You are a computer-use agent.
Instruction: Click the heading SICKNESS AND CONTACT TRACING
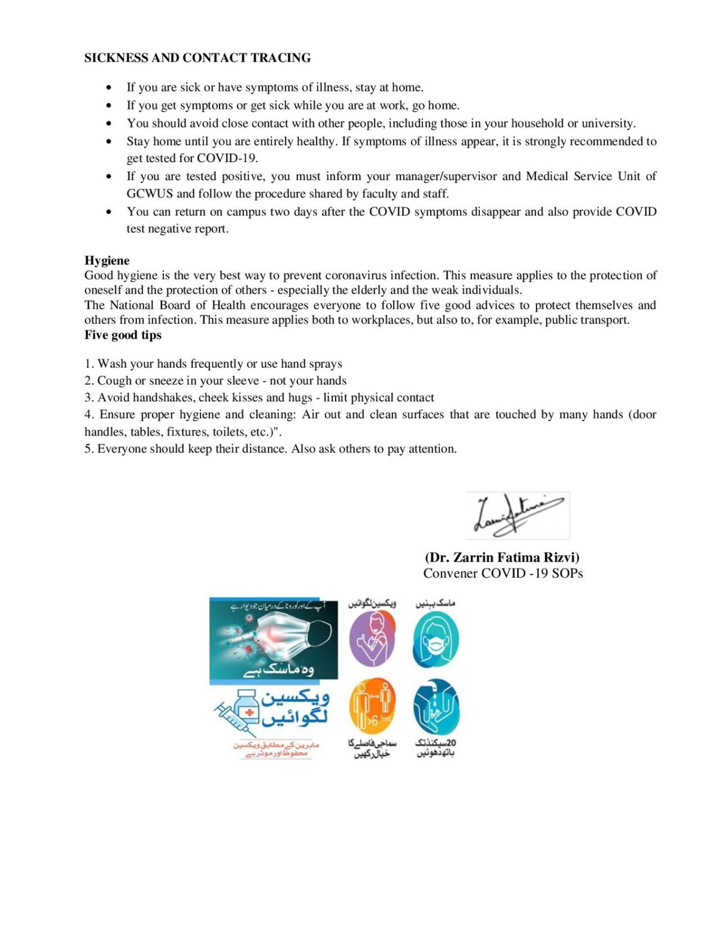click(x=197, y=58)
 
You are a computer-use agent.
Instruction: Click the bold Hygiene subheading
click(x=107, y=260)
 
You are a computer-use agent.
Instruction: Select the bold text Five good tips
click(x=123, y=335)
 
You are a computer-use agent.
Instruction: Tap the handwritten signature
click(x=518, y=515)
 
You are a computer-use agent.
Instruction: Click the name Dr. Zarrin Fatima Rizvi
click(x=502, y=558)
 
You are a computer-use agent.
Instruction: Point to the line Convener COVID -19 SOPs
click(x=503, y=574)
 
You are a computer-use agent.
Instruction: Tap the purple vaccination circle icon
click(x=372, y=639)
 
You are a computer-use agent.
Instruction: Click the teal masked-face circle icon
click(x=436, y=640)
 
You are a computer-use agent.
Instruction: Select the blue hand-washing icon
click(x=436, y=707)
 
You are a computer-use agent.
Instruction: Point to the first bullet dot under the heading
click(x=108, y=88)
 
